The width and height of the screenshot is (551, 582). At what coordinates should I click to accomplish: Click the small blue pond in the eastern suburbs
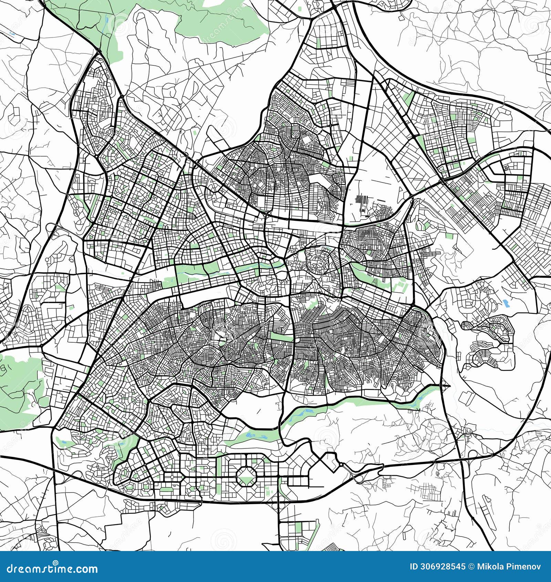tap(506, 303)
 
